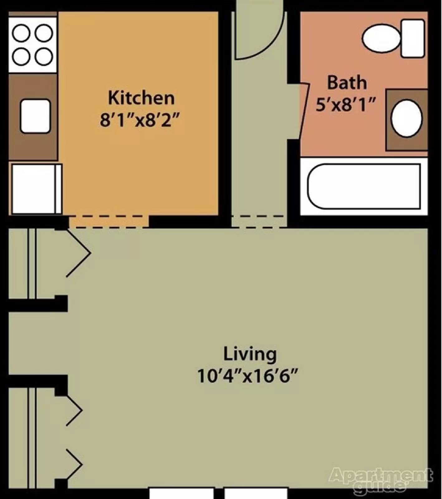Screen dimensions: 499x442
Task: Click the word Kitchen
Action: [141, 98]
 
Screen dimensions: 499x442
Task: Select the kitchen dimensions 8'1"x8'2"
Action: [140, 119]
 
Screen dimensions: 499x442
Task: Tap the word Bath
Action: [347, 83]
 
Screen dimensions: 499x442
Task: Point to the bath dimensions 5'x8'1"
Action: [346, 104]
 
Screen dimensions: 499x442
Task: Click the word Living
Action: [250, 354]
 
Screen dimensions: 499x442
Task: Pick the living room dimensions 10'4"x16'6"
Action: [248, 376]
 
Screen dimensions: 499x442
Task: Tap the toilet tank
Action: [413, 38]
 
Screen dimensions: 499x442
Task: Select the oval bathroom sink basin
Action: [406, 119]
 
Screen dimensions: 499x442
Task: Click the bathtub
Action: [364, 186]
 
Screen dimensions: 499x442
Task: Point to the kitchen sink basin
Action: [35, 116]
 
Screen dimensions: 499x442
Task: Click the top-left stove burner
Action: [21, 33]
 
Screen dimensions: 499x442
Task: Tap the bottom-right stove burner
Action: [44, 56]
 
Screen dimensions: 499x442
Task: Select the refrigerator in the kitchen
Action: [35, 189]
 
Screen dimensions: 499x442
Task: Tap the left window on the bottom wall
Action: [181, 493]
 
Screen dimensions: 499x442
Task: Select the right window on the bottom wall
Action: [256, 493]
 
